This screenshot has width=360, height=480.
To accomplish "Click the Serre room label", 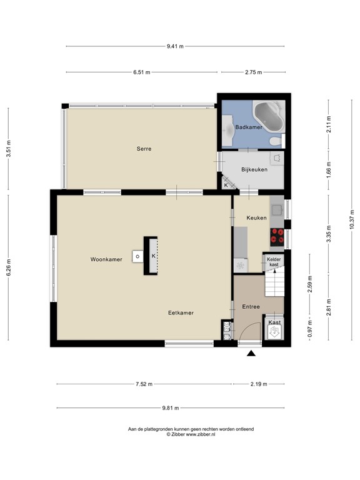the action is coord(144,149).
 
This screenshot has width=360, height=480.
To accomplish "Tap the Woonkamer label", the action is coord(106,259).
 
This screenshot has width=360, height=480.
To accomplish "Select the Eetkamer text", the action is coord(181,313).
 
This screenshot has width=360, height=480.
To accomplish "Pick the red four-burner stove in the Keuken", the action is coord(277,237).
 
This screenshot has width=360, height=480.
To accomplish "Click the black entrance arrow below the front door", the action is coord(251,354).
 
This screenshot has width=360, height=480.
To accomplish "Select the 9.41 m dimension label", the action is coord(175,46).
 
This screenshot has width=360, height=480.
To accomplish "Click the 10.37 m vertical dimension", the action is coord(352,219).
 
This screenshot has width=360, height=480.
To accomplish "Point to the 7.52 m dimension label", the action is coord(144,384).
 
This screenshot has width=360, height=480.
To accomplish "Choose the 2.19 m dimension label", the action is coord(259,384).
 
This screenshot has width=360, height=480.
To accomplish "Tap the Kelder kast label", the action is coord(274,262).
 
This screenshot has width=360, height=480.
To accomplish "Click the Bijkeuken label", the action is coord(254,169).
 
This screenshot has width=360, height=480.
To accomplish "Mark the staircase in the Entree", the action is coord(274,283).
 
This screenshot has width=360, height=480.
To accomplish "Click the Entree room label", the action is coord(251,307).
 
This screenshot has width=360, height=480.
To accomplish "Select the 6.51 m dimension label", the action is coord(142,72).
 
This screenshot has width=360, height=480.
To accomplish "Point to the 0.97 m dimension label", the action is coord(310,329).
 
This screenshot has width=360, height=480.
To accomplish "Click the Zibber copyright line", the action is coord(191,434).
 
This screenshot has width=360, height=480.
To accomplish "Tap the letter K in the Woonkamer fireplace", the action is coord(153,256).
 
